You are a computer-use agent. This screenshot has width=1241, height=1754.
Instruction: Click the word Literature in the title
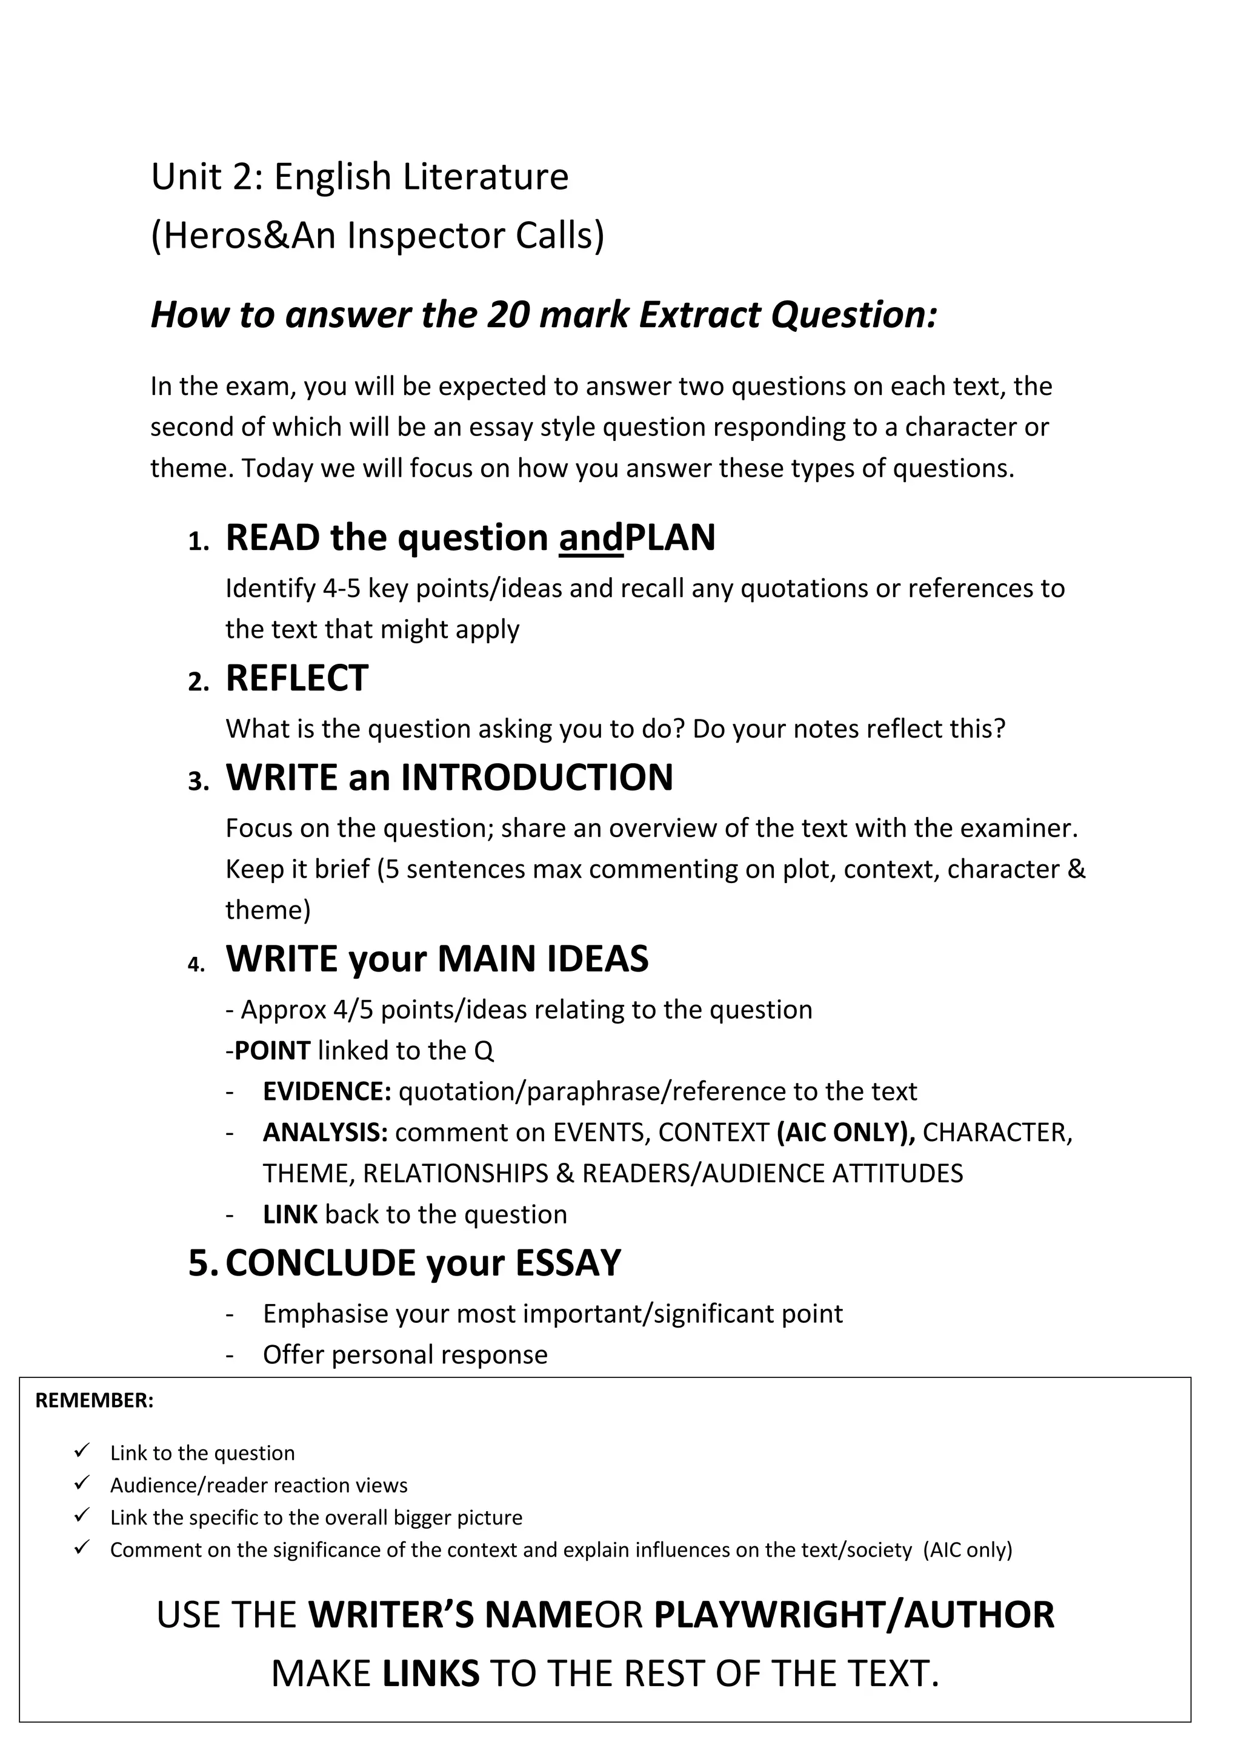485,177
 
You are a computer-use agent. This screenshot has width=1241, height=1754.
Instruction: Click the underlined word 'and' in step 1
591,538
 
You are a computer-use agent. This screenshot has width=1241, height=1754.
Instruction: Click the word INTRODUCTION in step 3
537,778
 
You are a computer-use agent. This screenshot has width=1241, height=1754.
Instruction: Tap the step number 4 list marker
196,965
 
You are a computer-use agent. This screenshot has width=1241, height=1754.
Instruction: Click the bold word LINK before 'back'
290,1215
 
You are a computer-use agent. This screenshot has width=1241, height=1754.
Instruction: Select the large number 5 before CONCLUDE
201,1263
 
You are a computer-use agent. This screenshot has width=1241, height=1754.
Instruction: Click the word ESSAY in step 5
568,1263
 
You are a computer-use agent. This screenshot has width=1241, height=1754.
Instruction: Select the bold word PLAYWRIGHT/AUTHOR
854,1615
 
